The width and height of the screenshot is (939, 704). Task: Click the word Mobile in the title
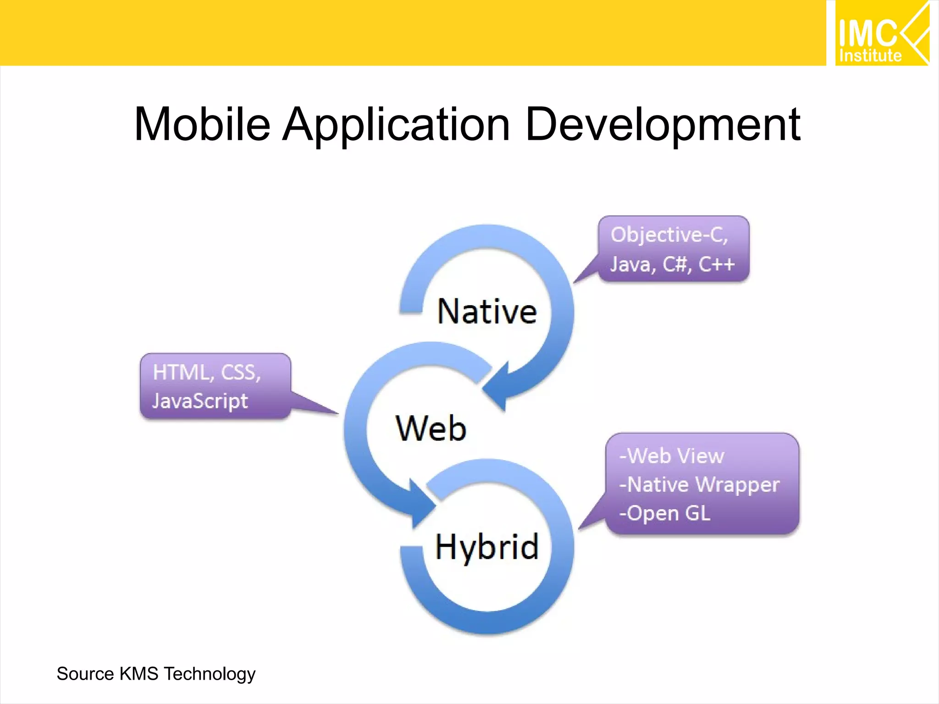coord(202,124)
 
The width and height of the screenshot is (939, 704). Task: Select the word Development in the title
coord(663,124)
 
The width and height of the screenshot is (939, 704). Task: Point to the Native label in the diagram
coord(487,312)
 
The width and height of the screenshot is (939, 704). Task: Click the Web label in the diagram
coord(431,429)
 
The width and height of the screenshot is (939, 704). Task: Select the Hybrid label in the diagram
coord(487,547)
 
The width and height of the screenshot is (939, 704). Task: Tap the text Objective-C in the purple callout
coord(668,235)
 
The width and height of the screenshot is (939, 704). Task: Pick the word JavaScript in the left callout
coord(200,401)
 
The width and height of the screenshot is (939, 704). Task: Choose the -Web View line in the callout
coord(672,456)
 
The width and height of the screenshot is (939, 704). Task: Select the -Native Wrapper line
coord(699,484)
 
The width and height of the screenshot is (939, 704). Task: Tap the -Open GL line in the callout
coord(665,513)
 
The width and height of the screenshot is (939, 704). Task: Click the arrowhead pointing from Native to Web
coord(497,387)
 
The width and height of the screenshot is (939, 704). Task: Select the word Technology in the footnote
coord(210,674)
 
